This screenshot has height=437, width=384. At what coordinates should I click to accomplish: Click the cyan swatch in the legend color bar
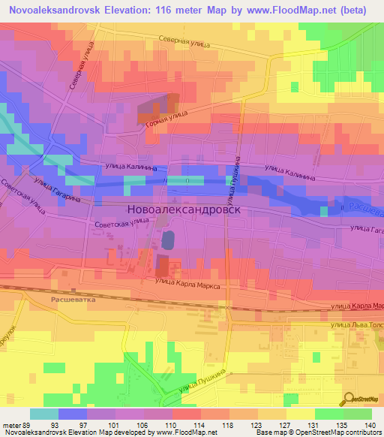pos(44,413)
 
